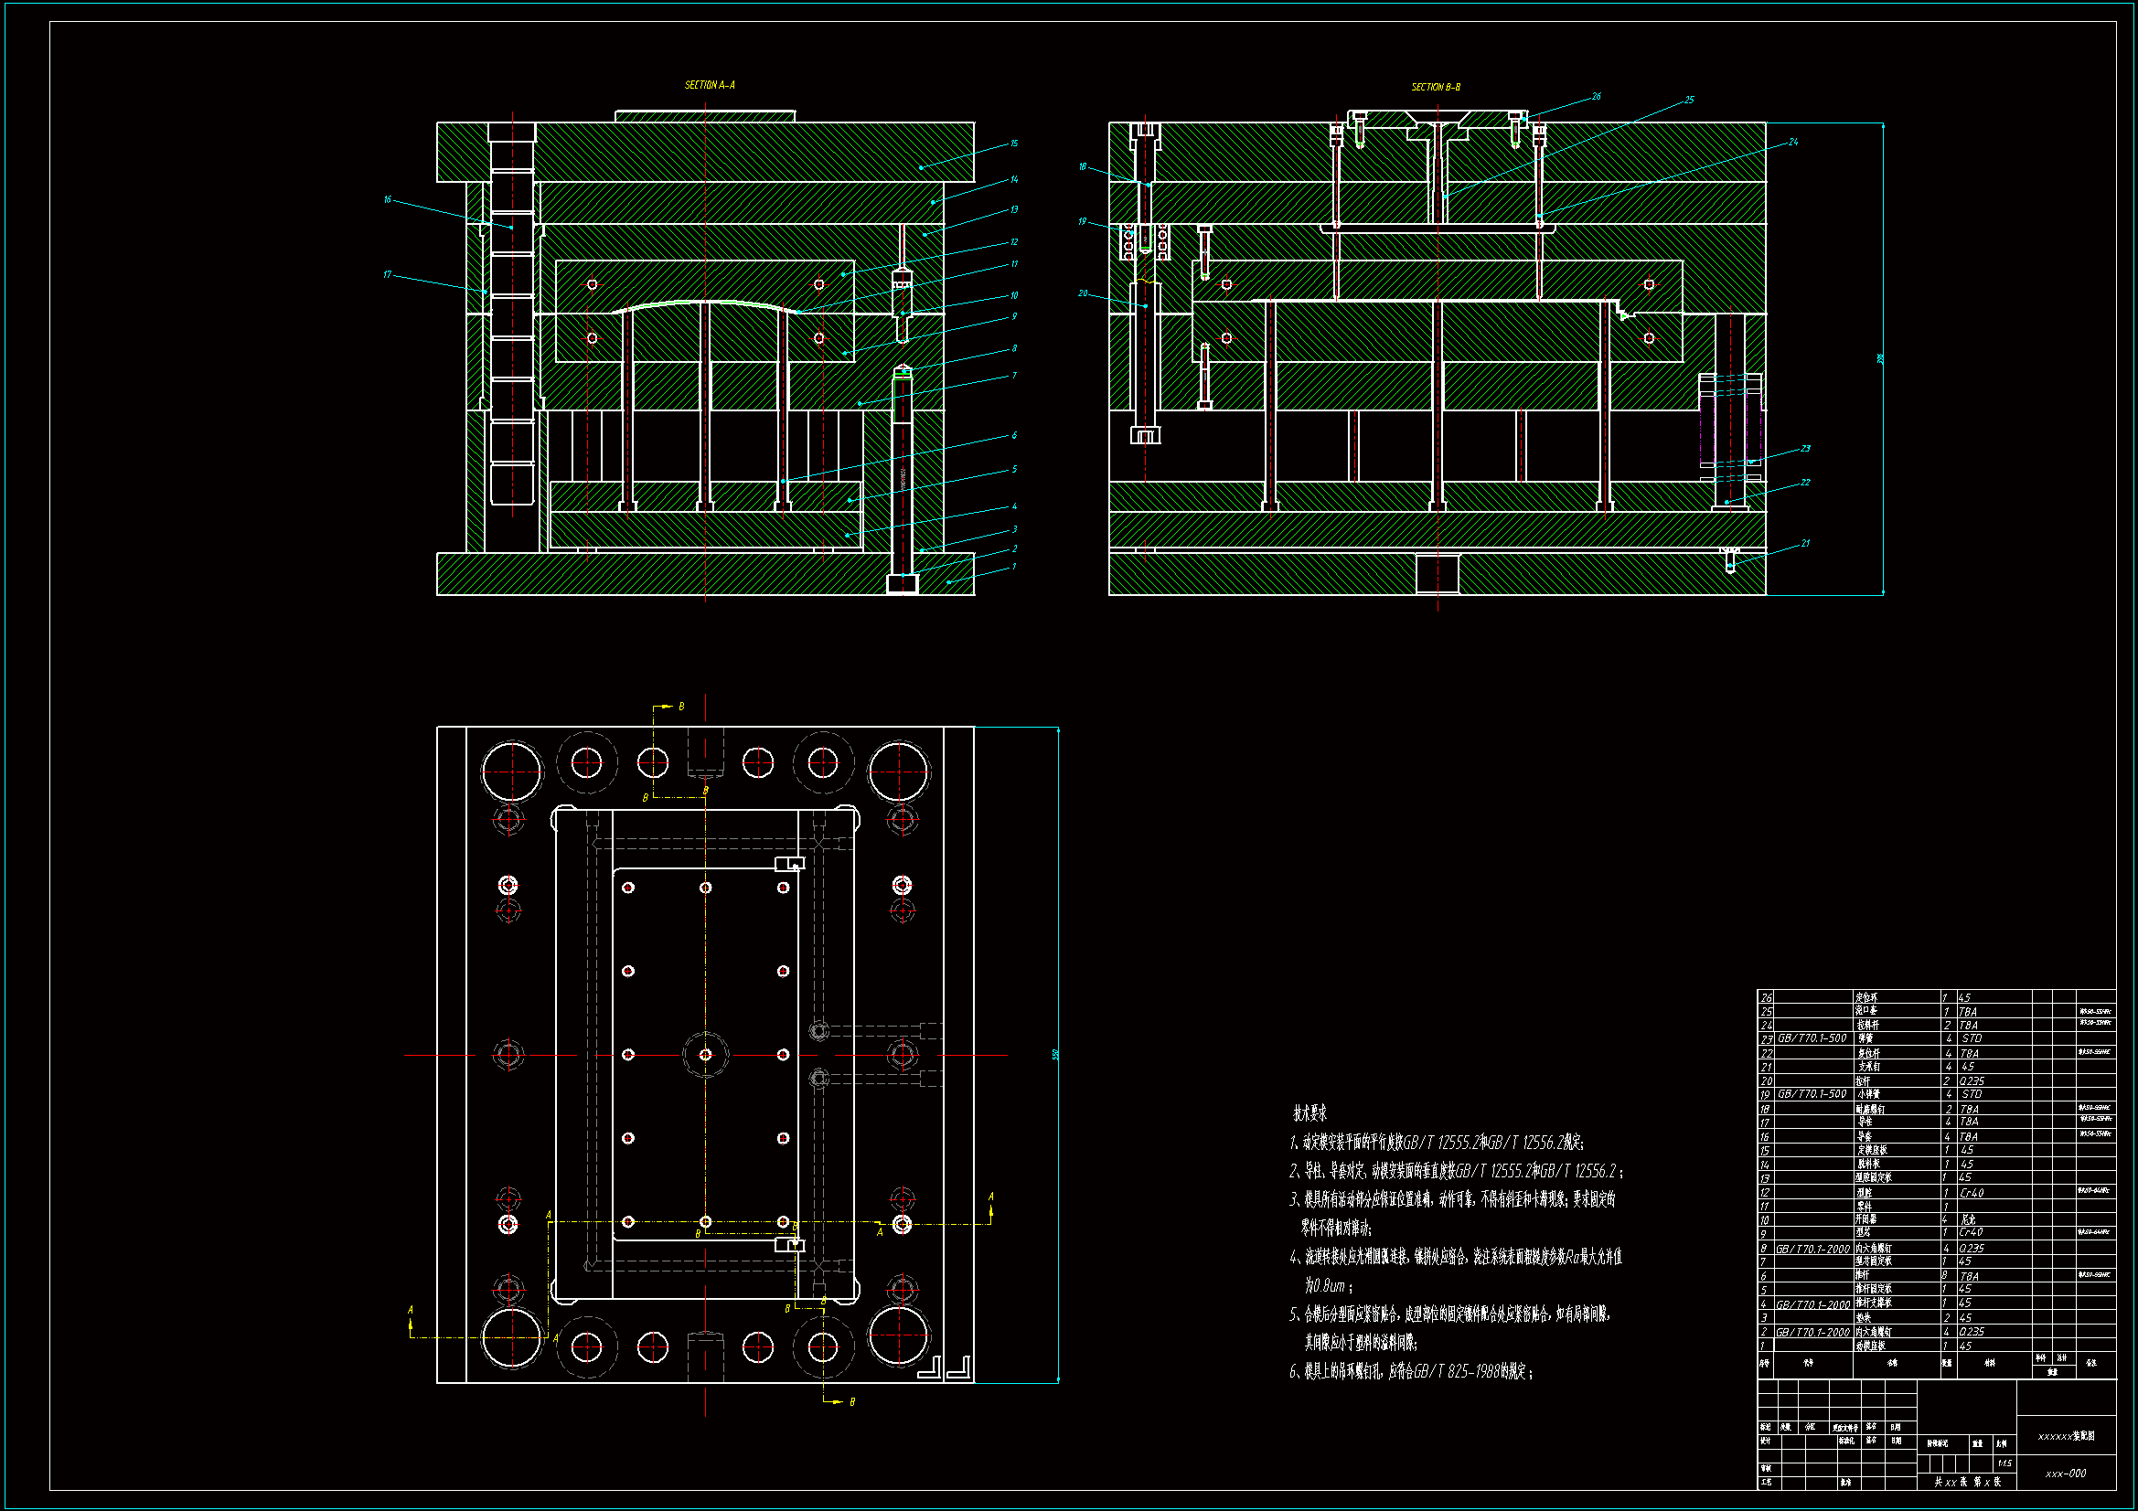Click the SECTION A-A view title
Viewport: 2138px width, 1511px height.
710,85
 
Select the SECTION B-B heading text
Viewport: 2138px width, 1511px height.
1435,87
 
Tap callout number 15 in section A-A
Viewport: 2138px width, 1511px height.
1014,144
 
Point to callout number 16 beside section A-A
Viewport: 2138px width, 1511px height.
388,199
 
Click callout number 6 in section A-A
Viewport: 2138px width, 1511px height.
1014,435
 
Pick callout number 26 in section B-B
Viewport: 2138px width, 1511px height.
1596,96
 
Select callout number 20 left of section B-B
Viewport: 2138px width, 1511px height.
1082,293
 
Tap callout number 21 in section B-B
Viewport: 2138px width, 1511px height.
1804,543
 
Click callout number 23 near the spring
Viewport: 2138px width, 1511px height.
1804,448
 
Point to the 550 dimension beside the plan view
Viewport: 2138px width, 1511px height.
1055,1054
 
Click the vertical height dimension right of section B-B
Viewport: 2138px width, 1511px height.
1880,358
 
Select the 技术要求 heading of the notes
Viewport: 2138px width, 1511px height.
1310,1112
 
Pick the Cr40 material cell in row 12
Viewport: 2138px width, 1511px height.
1971,1192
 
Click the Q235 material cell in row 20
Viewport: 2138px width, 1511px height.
1972,1080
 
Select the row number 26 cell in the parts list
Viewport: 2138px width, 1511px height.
1766,997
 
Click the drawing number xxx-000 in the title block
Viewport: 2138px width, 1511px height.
2066,1474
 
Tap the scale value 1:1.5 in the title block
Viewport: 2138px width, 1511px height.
2004,1463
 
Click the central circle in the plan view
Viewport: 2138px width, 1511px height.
705,1054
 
